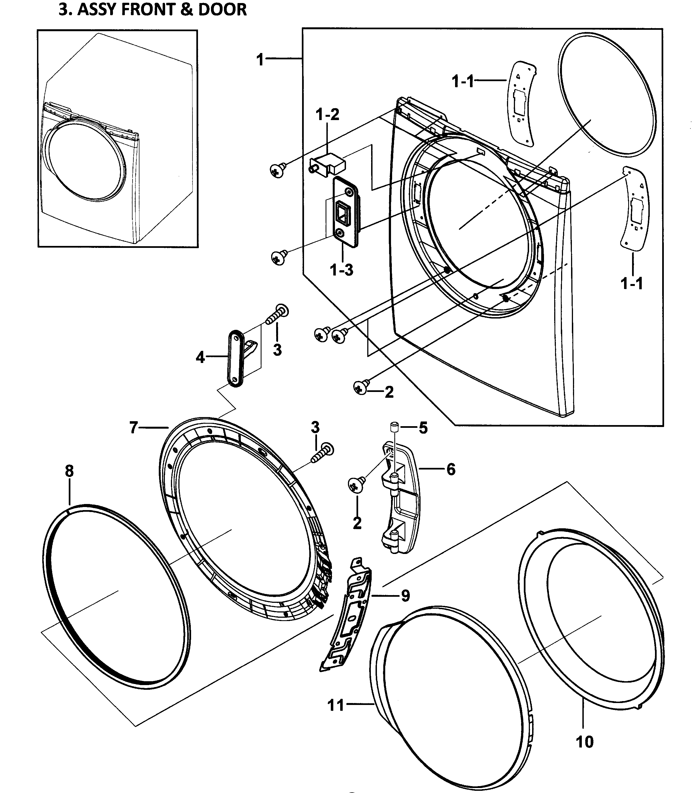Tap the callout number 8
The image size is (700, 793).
coord(69,471)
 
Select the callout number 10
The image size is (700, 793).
coord(584,742)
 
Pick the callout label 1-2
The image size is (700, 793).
coord(327,115)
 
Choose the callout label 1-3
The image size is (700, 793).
coord(342,270)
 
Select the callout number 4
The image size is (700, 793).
coord(200,357)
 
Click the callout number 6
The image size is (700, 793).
coord(450,470)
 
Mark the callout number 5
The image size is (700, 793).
coord(423,428)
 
